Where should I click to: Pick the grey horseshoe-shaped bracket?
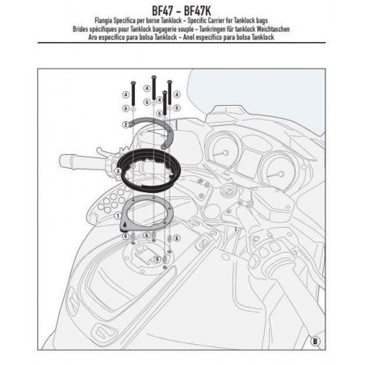coord(157,130)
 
